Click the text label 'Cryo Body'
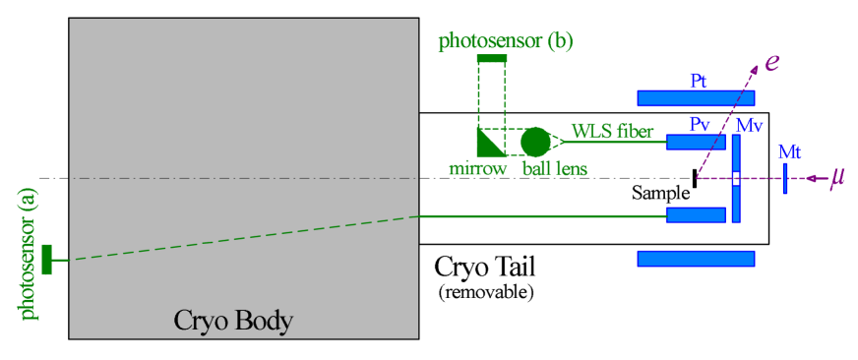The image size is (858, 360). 233,321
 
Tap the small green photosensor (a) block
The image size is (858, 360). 46,260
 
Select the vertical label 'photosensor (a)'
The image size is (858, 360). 29,255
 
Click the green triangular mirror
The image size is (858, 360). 486,145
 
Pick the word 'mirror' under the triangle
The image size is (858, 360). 478,168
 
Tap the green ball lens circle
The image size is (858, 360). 534,142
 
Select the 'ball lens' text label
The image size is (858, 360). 554,168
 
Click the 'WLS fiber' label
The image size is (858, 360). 612,131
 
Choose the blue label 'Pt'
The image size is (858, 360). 699,81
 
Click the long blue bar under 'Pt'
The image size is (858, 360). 696,97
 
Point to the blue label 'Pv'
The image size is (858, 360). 700,125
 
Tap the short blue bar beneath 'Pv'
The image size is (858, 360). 695,142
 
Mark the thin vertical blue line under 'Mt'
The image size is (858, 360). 785,178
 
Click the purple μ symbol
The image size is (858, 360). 837,178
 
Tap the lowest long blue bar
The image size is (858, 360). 696,259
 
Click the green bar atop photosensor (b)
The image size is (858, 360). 492,60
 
